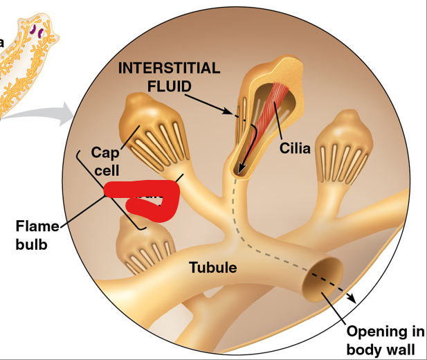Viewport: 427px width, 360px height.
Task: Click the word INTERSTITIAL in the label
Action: [x=170, y=69]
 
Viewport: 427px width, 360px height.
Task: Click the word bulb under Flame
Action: [x=31, y=244]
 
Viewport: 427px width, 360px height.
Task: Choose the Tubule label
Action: [x=213, y=267]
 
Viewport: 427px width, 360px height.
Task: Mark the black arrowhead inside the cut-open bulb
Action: [x=239, y=170]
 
